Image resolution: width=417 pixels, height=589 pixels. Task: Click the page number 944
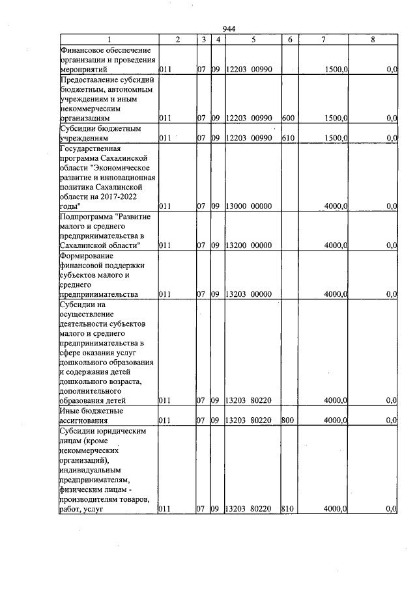(228, 29)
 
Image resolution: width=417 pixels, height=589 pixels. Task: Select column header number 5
(253, 40)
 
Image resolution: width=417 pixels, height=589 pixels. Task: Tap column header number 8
(372, 40)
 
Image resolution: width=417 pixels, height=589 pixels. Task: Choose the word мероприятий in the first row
(84, 69)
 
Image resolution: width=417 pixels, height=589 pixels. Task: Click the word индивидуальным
(91, 469)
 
